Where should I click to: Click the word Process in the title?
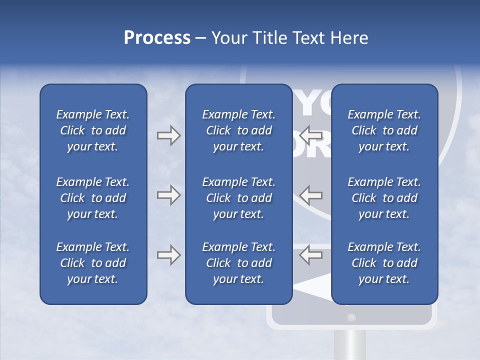157,38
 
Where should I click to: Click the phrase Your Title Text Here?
290,38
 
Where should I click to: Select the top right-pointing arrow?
168,135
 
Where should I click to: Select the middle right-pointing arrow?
168,195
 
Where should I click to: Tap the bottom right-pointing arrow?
168,255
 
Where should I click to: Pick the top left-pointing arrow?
311,135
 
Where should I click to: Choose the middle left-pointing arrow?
311,195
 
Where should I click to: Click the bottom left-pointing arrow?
311,255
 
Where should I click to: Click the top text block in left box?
93,130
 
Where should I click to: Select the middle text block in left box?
93,198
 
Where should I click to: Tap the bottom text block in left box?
93,263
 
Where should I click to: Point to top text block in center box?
238,130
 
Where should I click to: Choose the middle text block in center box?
238,198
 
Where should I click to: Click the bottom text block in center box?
238,263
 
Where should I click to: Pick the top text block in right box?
384,130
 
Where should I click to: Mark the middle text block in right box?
384,198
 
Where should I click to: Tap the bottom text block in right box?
384,263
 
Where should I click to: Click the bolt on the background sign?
351,317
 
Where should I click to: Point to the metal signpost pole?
351,345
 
